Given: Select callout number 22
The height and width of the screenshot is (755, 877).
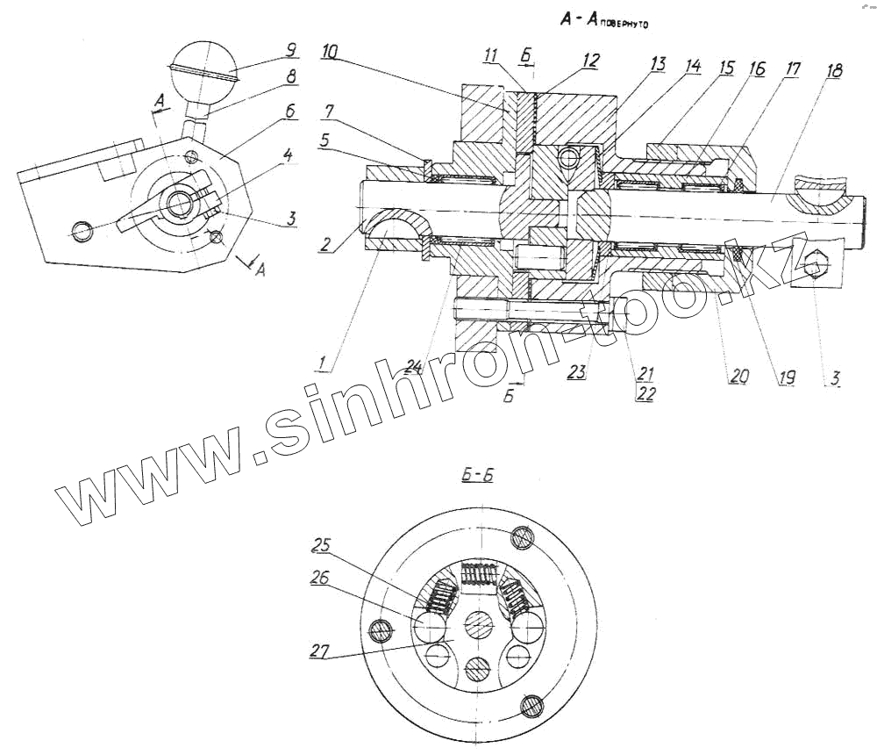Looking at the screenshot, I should point(646,395).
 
